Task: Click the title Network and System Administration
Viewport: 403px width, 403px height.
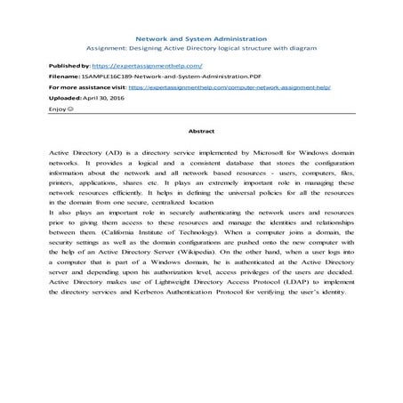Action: pyautogui.click(x=200, y=40)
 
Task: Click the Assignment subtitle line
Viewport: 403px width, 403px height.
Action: pyautogui.click(x=200, y=51)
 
